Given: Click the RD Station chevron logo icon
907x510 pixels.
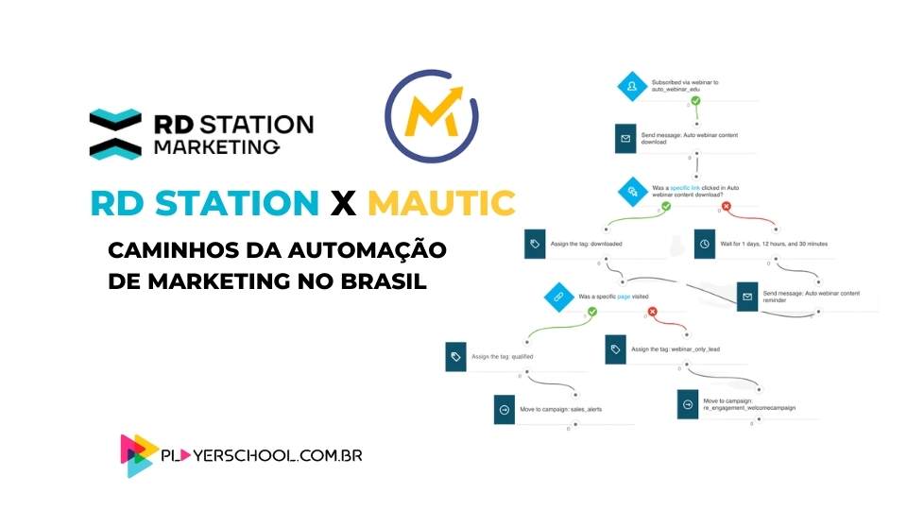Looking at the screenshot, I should (x=115, y=133).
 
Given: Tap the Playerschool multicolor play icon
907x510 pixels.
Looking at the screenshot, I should (x=139, y=455).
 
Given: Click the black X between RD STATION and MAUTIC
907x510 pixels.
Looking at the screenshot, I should (x=343, y=203).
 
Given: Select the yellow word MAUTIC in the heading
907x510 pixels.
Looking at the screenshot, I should (x=441, y=203).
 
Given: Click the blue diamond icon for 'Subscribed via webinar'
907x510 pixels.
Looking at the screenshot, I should (x=631, y=85).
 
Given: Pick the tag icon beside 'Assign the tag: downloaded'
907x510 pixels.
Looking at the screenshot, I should (x=536, y=244).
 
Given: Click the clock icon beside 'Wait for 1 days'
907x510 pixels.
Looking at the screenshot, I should (x=705, y=244).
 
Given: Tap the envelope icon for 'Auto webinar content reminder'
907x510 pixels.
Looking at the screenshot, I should (x=747, y=296).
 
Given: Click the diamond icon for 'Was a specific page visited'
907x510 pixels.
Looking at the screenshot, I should (x=557, y=297).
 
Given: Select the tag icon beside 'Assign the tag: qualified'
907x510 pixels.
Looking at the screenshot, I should (x=457, y=357).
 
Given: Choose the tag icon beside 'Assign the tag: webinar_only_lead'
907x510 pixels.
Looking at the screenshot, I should (x=616, y=348).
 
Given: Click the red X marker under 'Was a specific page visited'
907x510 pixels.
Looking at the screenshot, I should (x=653, y=312).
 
